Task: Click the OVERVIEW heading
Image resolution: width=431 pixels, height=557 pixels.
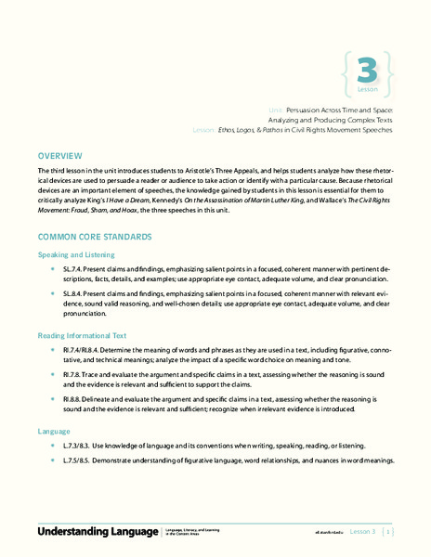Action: click(x=59, y=155)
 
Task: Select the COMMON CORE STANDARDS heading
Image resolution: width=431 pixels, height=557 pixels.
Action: click(x=94, y=238)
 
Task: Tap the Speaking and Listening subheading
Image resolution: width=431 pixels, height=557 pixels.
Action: click(x=75, y=253)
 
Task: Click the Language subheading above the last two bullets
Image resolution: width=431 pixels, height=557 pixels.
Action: click(x=54, y=432)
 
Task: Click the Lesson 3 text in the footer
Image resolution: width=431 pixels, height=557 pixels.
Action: click(x=360, y=532)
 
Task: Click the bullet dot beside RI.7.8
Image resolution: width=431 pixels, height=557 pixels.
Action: click(x=55, y=374)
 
